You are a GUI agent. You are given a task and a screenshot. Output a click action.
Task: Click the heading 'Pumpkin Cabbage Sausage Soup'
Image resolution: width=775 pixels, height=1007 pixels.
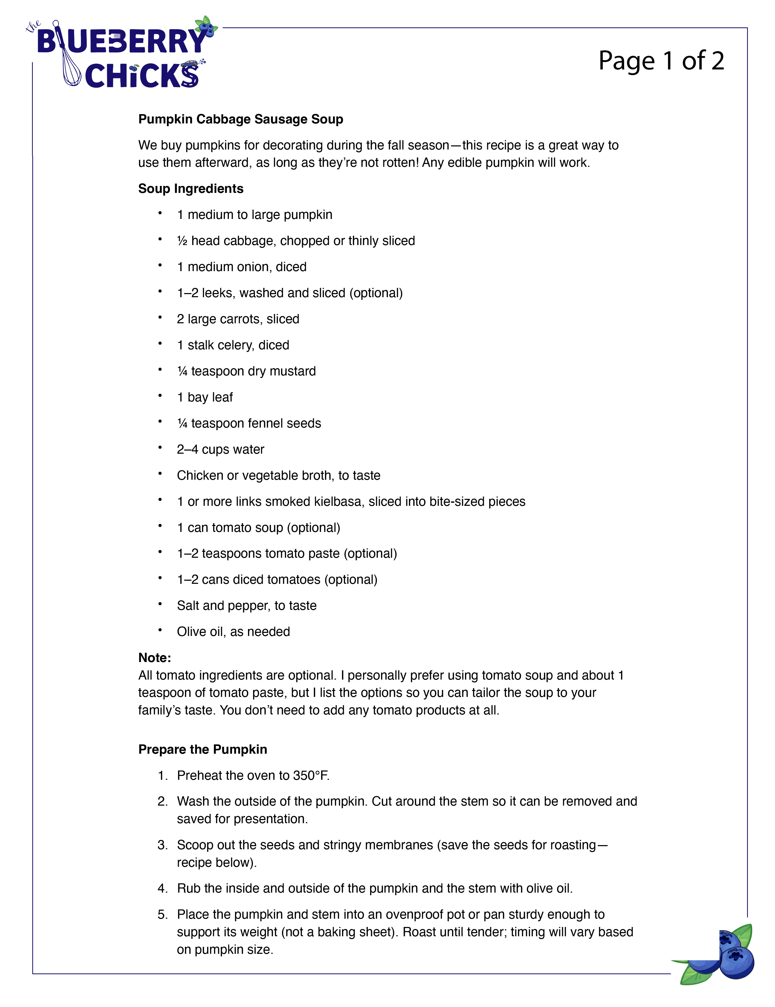(240, 119)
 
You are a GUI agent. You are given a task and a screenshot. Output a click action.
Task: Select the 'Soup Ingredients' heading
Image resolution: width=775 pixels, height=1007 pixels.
(191, 188)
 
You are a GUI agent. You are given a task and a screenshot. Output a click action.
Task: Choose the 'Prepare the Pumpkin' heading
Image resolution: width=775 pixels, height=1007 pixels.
(203, 749)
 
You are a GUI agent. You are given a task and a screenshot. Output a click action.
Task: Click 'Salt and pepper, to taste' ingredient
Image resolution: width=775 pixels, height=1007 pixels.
(246, 605)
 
